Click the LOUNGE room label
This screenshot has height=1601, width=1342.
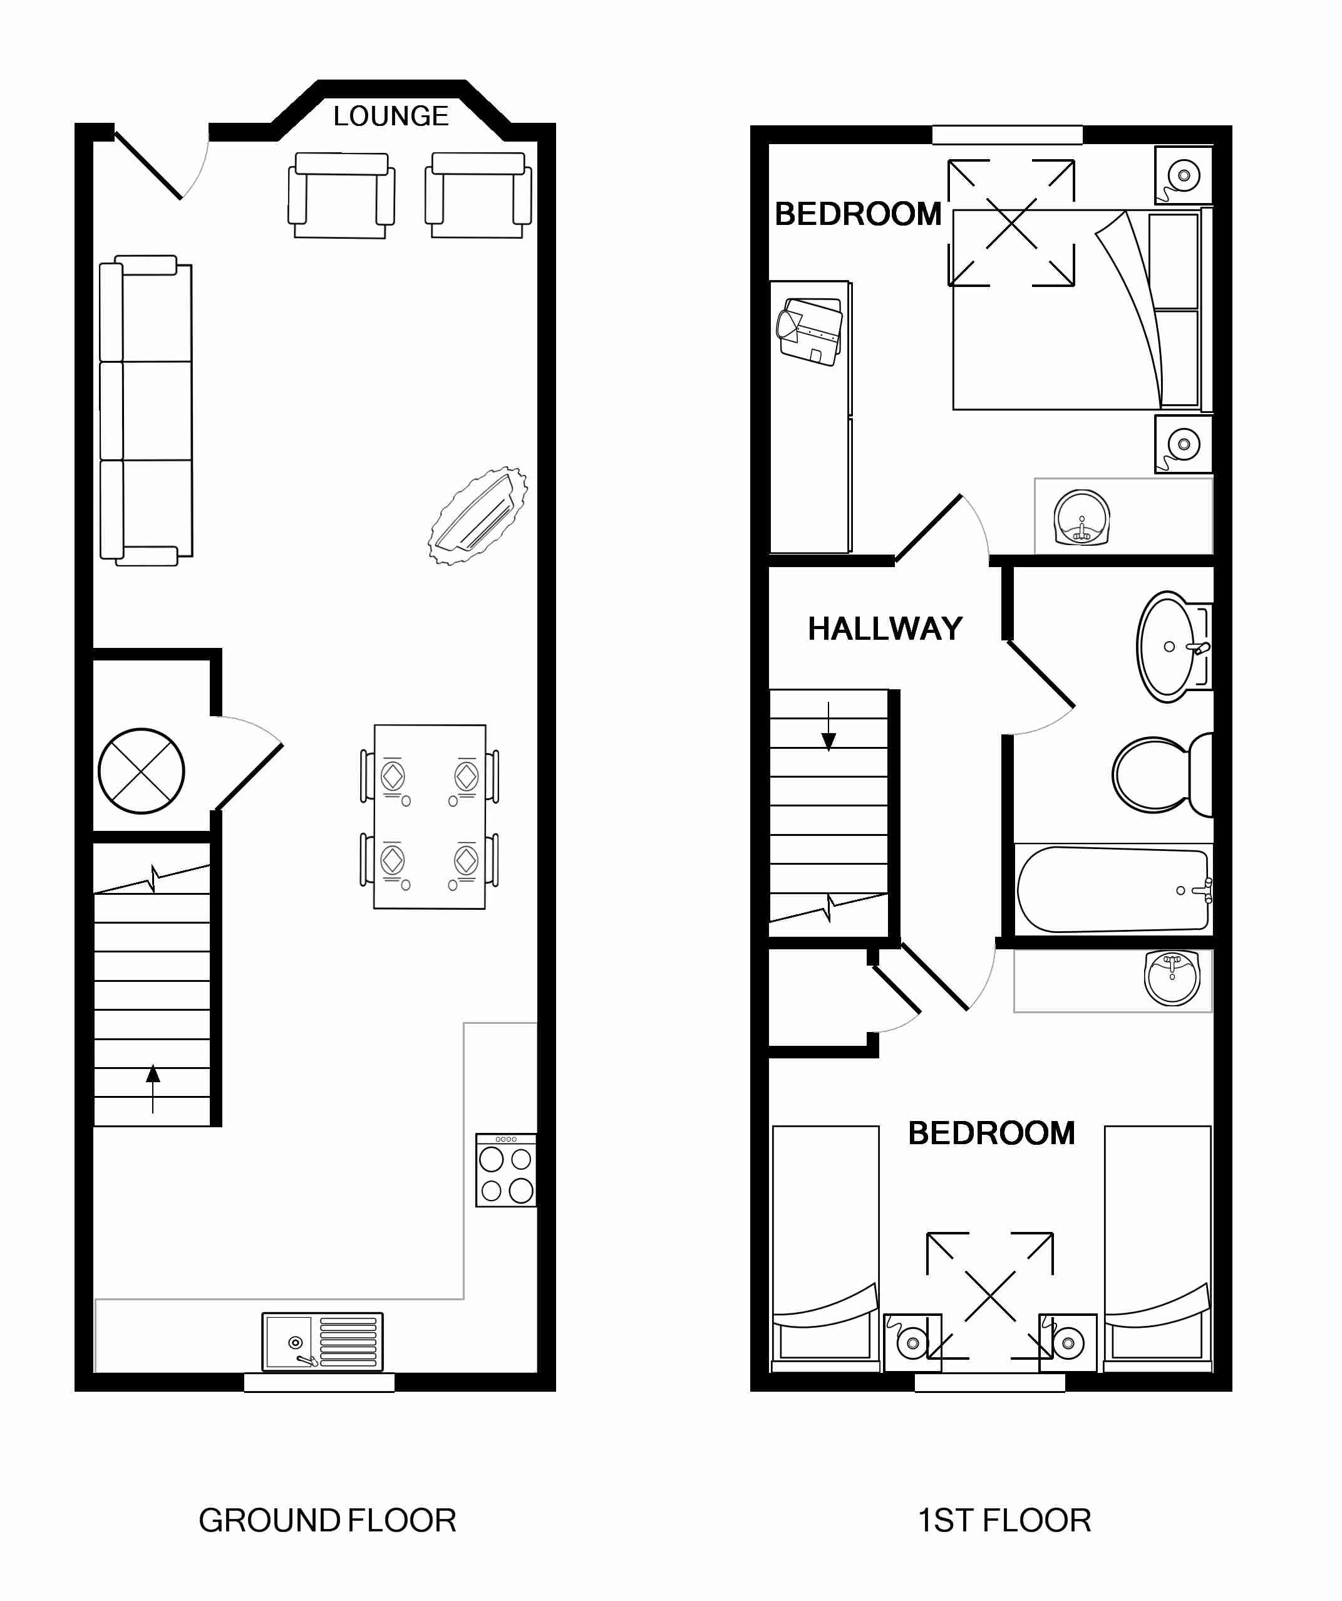391,116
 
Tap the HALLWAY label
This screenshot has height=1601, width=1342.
885,629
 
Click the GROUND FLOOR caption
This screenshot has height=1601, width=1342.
328,1521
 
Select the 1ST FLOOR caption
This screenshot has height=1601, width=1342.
1004,1521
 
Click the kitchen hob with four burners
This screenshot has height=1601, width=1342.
506,1171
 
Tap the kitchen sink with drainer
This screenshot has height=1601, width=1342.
323,1342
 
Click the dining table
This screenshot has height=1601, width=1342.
430,816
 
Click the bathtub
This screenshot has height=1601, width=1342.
1114,889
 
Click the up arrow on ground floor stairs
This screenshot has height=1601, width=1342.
153,1088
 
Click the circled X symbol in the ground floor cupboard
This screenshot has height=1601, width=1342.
142,771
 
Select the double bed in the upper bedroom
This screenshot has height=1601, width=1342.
1082,310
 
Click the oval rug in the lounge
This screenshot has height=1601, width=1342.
478,516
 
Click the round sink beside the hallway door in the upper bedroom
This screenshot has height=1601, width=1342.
1082,518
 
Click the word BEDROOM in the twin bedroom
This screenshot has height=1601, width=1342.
991,1134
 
